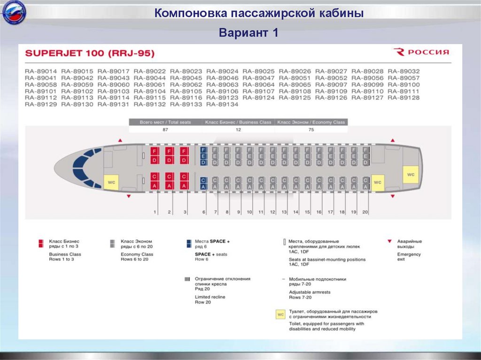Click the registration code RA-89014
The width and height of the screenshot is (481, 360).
tap(41, 71)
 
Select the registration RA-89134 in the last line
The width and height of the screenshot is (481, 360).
tap(223, 104)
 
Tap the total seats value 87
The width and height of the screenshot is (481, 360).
tap(165, 130)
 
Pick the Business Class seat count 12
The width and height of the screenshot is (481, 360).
tap(238, 130)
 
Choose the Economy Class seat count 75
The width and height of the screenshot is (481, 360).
tap(311, 130)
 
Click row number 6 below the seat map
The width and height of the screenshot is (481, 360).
tap(204, 212)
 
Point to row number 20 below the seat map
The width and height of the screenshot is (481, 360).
tap(365, 212)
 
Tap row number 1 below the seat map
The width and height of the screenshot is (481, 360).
tap(155, 212)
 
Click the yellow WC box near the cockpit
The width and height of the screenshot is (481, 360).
tap(111, 182)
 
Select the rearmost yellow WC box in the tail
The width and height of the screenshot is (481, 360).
tap(411, 175)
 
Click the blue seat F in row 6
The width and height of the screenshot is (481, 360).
tap(203, 150)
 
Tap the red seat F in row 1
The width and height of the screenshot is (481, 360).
tap(154, 151)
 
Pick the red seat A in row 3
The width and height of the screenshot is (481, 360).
tap(185, 186)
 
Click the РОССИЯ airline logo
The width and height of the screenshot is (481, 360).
tap(421, 52)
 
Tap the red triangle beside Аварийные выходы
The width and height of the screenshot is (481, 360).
tap(389, 241)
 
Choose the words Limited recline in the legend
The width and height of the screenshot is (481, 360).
tap(210, 297)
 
